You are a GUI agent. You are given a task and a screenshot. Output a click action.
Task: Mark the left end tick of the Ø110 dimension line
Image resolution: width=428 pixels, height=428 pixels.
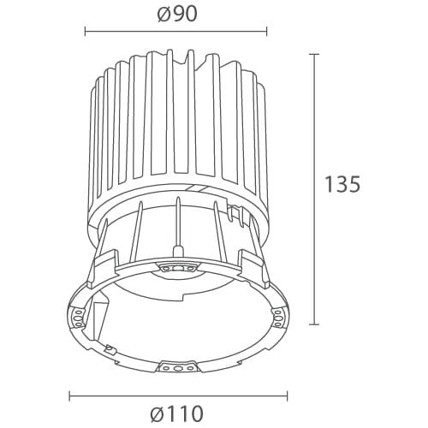68,396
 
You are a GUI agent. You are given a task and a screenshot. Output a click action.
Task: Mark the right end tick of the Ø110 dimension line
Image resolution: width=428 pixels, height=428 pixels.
288,396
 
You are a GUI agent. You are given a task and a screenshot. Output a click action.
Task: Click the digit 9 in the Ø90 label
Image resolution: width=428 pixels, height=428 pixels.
174,14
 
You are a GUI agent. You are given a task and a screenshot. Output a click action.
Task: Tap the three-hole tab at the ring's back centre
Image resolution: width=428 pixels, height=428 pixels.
176,268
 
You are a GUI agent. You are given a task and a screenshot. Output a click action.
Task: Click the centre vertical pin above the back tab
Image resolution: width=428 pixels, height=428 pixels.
176,227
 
